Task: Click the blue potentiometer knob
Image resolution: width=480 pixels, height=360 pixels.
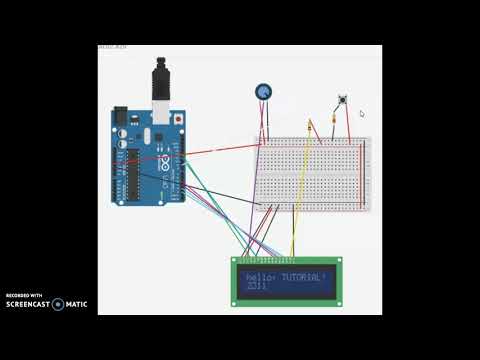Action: tap(264, 92)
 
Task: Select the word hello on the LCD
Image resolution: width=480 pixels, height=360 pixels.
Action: tap(258, 276)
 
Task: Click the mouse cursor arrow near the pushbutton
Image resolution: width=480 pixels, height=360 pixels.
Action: tap(362, 114)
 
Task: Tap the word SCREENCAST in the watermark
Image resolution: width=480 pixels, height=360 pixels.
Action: tap(29, 304)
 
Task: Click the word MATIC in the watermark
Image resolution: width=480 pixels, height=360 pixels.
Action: tap(77, 304)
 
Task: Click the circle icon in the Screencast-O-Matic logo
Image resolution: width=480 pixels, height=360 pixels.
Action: tap(57, 304)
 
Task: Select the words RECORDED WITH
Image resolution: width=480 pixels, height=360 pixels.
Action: tap(24, 296)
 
